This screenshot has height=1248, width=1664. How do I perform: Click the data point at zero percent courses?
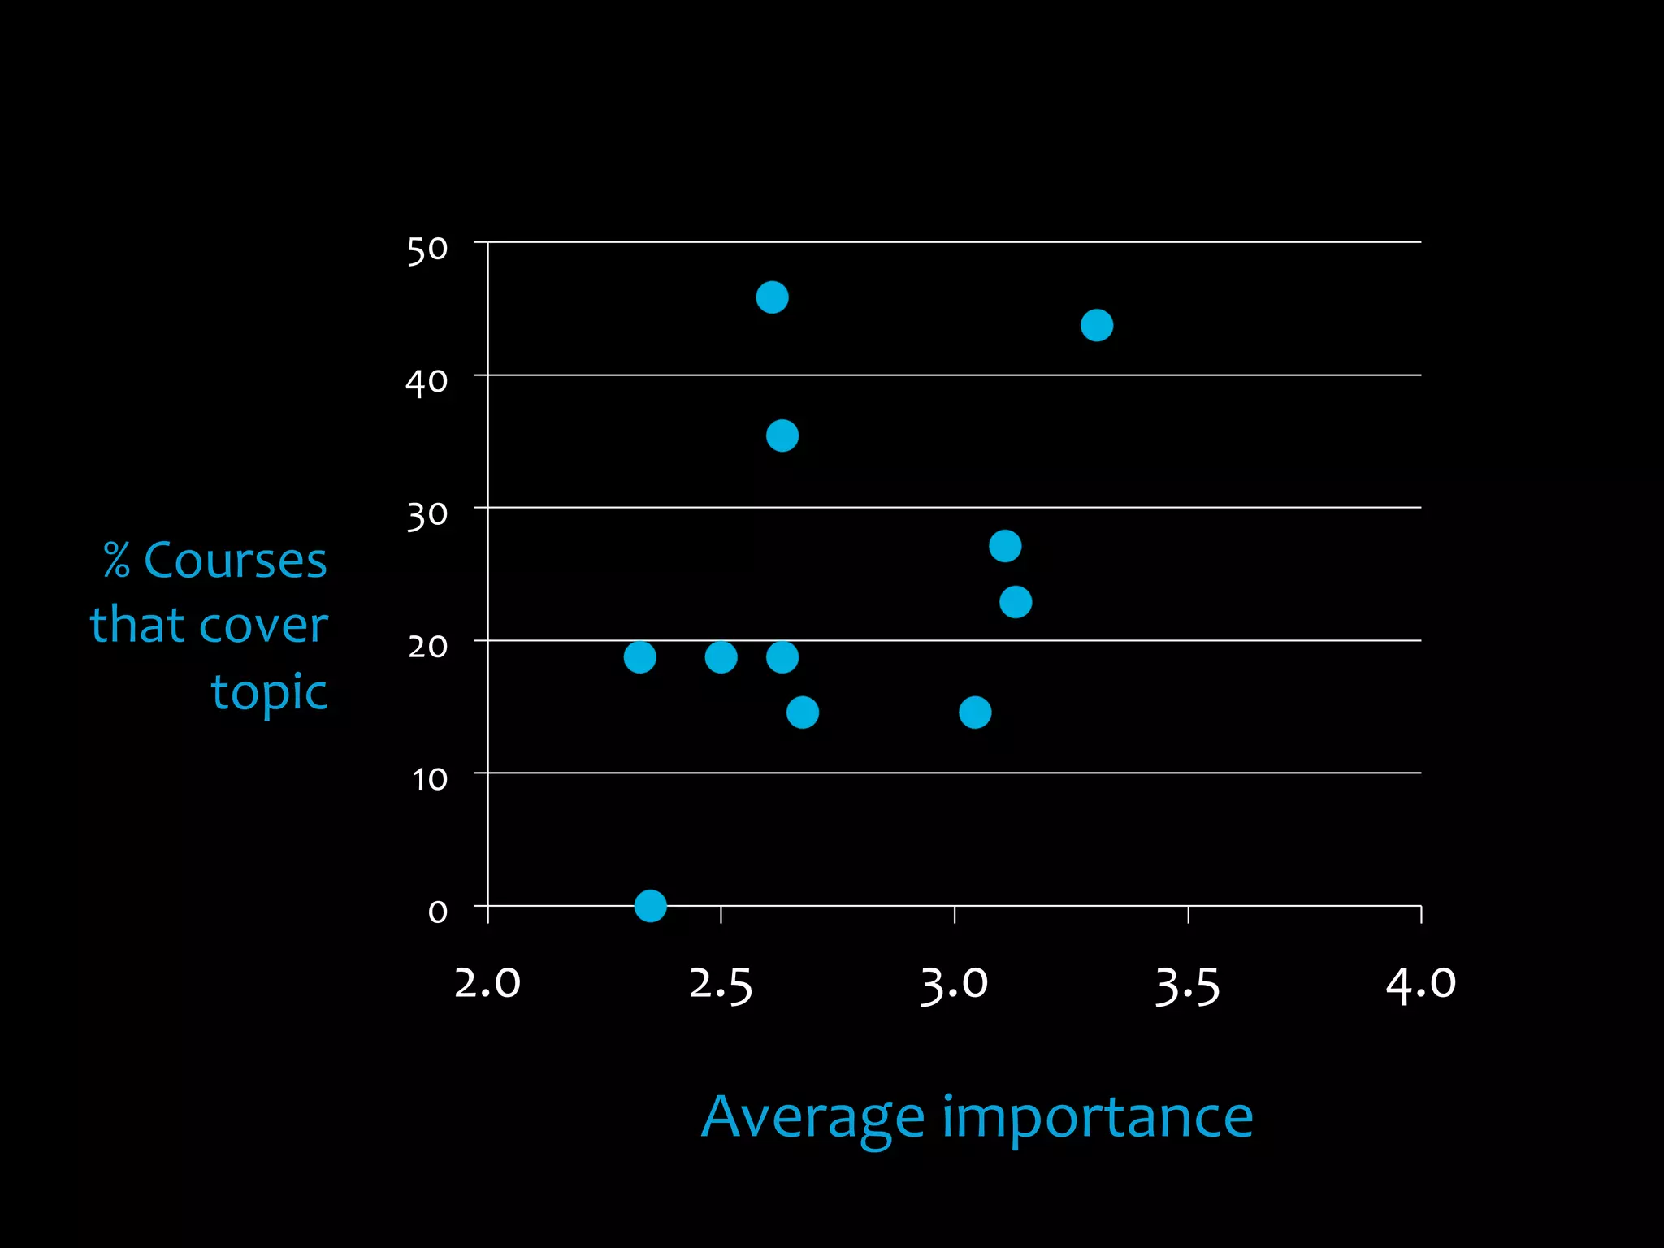click(x=650, y=905)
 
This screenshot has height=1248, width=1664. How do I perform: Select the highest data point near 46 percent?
click(x=772, y=297)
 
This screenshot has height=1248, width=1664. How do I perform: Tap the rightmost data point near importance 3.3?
click(x=1097, y=325)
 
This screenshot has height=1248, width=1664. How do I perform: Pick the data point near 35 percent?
click(x=782, y=436)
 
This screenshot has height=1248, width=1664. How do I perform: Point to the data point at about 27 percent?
click(x=1005, y=546)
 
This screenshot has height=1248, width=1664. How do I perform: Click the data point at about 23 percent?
click(x=1016, y=602)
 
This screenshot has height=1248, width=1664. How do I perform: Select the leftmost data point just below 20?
click(x=639, y=656)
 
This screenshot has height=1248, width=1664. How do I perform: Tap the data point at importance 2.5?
click(x=721, y=656)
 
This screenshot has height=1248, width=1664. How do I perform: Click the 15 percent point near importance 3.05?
click(x=975, y=713)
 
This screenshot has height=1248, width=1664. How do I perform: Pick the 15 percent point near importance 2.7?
click(x=803, y=713)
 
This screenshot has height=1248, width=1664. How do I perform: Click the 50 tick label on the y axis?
click(x=427, y=250)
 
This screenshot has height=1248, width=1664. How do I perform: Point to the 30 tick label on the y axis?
click(x=427, y=515)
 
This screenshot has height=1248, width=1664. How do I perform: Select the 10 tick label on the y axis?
click(x=430, y=780)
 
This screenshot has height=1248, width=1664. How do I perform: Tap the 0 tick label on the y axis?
click(x=438, y=912)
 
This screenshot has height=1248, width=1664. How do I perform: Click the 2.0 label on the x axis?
click(x=487, y=984)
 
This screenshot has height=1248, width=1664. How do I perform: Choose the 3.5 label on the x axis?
click(x=1188, y=986)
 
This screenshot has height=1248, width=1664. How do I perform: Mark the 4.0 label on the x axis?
click(x=1421, y=984)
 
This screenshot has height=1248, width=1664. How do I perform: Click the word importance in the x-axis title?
click(x=1097, y=1119)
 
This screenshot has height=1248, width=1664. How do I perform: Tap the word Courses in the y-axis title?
click(x=235, y=561)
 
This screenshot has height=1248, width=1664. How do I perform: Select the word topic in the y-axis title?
click(x=269, y=692)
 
